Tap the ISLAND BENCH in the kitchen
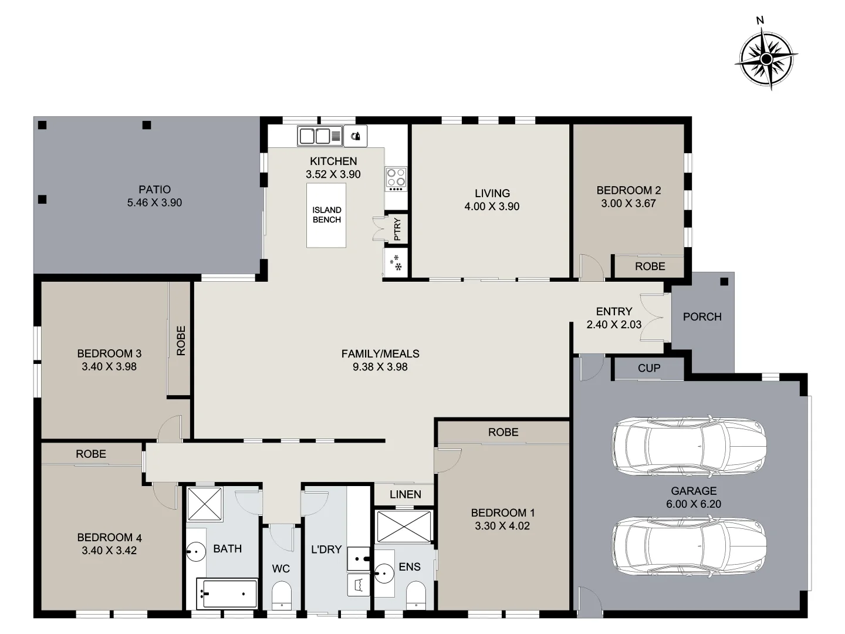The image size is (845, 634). click(x=327, y=215)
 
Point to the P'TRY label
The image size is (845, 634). click(x=398, y=228)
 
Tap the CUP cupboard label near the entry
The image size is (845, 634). click(x=649, y=368)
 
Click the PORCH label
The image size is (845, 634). click(x=702, y=317)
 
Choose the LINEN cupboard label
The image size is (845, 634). click(x=405, y=494)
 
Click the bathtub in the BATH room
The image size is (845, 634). click(x=227, y=593)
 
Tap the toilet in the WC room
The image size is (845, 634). click(x=282, y=595)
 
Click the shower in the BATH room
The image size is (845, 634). click(x=204, y=504)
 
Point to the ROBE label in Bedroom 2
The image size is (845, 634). click(x=650, y=267)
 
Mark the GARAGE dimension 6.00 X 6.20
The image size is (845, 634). click(x=694, y=504)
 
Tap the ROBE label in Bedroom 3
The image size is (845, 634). click(x=181, y=340)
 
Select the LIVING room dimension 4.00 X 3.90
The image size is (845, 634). click(x=492, y=207)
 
